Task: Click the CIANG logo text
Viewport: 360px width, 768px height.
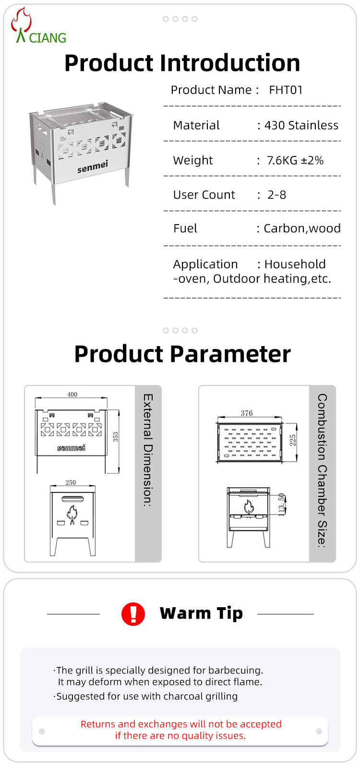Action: [x=48, y=38]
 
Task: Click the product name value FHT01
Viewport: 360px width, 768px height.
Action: [x=286, y=90]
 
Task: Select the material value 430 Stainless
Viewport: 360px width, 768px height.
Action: [x=301, y=125]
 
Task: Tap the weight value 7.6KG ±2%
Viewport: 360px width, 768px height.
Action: [x=295, y=160]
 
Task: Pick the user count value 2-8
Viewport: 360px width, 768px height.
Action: [x=277, y=195]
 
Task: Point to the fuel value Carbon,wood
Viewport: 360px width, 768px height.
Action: [x=302, y=228]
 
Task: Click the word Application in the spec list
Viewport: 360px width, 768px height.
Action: [x=205, y=264]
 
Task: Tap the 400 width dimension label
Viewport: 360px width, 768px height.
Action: [x=72, y=395]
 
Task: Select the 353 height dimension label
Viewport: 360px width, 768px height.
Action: [x=115, y=437]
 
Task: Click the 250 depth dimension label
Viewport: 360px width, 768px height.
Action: [x=71, y=482]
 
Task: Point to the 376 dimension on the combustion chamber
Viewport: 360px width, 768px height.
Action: [x=247, y=413]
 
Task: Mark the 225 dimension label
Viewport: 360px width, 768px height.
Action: [x=293, y=440]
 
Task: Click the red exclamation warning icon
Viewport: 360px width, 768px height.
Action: [x=133, y=614]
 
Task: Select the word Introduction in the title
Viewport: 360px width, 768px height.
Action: [x=230, y=63]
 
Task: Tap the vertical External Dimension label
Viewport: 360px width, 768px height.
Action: [x=148, y=450]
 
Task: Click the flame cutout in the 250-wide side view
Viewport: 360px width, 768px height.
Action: [x=72, y=515]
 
